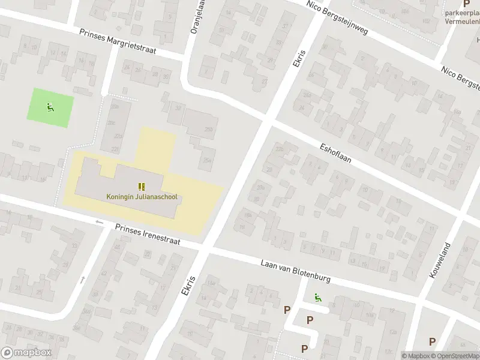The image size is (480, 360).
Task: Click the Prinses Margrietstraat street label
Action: coord(117,42)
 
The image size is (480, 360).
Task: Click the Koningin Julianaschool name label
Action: coord(142,196)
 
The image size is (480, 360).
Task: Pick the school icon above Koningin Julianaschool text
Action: coord(142,187)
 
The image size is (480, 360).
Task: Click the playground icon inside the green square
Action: coord(50,108)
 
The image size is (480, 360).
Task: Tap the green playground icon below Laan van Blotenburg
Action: coord(316,297)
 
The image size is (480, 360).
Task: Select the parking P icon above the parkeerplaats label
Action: coord(466,4)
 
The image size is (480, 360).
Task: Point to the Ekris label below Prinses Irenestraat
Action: coord(187,285)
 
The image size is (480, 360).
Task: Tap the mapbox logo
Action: coord(26,353)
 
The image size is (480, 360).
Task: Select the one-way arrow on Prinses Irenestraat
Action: coord(100,223)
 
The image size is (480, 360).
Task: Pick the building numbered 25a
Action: coord(208,160)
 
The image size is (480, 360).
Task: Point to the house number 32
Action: coord(178,107)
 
